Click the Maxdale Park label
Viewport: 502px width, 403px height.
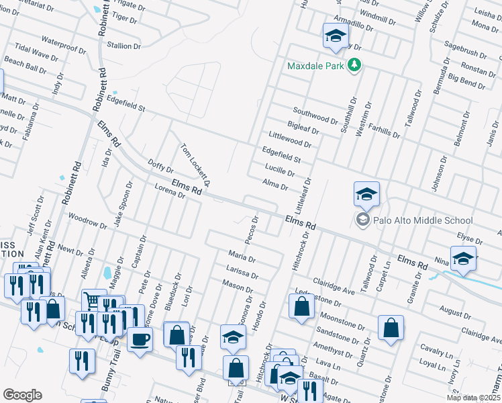tap(315, 66)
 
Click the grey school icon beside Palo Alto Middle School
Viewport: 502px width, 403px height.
tap(363, 220)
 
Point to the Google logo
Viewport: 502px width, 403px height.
tap(22, 394)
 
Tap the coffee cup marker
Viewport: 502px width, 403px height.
tap(140, 339)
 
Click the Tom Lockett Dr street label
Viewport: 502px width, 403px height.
tap(195, 165)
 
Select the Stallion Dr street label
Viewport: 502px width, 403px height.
tap(124, 46)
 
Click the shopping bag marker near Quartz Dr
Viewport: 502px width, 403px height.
tap(391, 328)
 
